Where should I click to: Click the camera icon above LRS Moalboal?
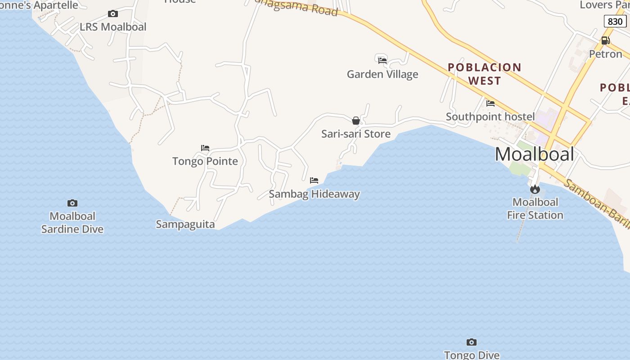[x=113, y=14]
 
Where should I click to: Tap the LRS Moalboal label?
[x=113, y=27]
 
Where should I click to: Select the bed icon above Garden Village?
[x=382, y=60]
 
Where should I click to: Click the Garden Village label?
[x=382, y=74]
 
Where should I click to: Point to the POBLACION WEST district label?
[x=484, y=74]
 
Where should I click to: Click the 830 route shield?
[x=615, y=21]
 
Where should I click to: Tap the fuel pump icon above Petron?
[x=606, y=40]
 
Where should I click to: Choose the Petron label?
[x=606, y=54]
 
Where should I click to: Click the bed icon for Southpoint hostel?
[x=490, y=103]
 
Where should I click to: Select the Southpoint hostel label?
[x=490, y=117]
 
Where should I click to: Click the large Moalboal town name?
[x=535, y=154]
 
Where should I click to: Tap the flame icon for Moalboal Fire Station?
[x=535, y=189]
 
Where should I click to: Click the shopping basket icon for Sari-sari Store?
[x=356, y=121]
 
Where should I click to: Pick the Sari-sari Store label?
[x=356, y=134]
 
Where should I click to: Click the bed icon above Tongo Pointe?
[x=205, y=148]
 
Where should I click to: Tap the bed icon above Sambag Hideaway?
[x=314, y=180]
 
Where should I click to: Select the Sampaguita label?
[x=185, y=224]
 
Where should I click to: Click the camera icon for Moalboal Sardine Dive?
[x=72, y=203]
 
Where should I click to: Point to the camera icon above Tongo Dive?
[x=472, y=342]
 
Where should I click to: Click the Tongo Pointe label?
[x=205, y=161]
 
